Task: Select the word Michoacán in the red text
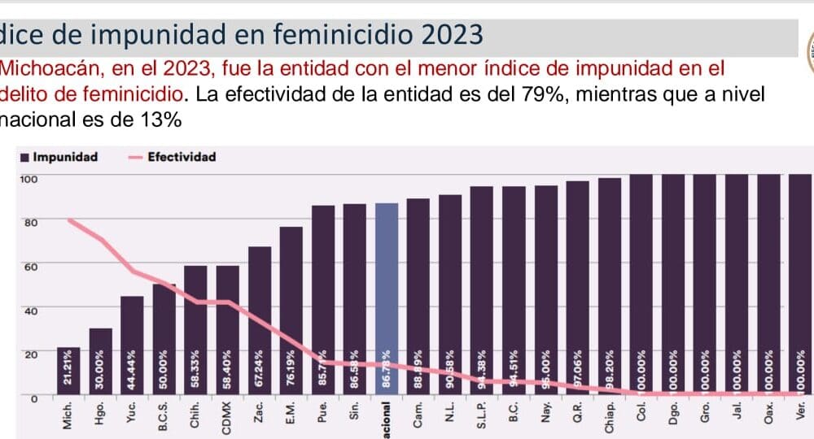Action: coord(45,68)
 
